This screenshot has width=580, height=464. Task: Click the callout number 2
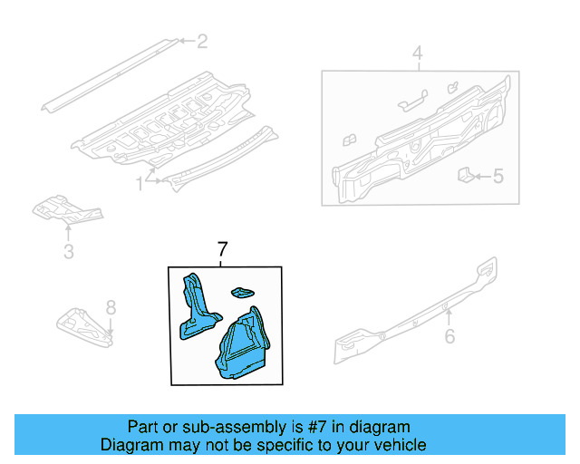coord(202,41)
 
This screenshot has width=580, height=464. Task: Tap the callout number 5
coord(498,177)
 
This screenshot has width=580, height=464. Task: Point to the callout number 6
coord(449,338)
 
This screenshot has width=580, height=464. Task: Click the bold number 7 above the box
coord(223,250)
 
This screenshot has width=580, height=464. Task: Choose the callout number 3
coord(68,251)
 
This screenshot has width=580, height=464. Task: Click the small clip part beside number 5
coord(463,174)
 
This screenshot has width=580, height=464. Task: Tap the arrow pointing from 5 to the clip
coord(481,177)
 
